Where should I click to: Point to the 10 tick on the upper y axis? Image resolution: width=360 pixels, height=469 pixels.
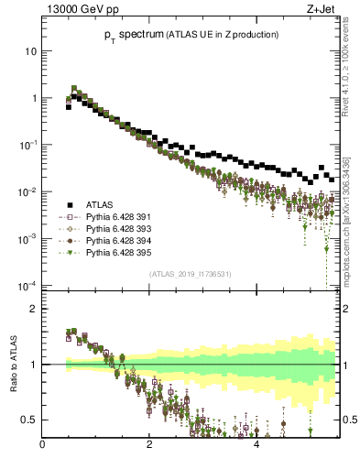click(30, 51)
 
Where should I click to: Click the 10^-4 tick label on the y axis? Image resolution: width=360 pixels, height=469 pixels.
click(27, 286)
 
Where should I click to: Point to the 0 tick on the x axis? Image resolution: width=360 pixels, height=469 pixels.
click(43, 446)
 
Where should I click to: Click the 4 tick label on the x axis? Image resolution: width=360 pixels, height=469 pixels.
click(256, 446)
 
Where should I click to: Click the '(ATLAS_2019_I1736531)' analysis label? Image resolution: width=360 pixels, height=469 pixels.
click(191, 273)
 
